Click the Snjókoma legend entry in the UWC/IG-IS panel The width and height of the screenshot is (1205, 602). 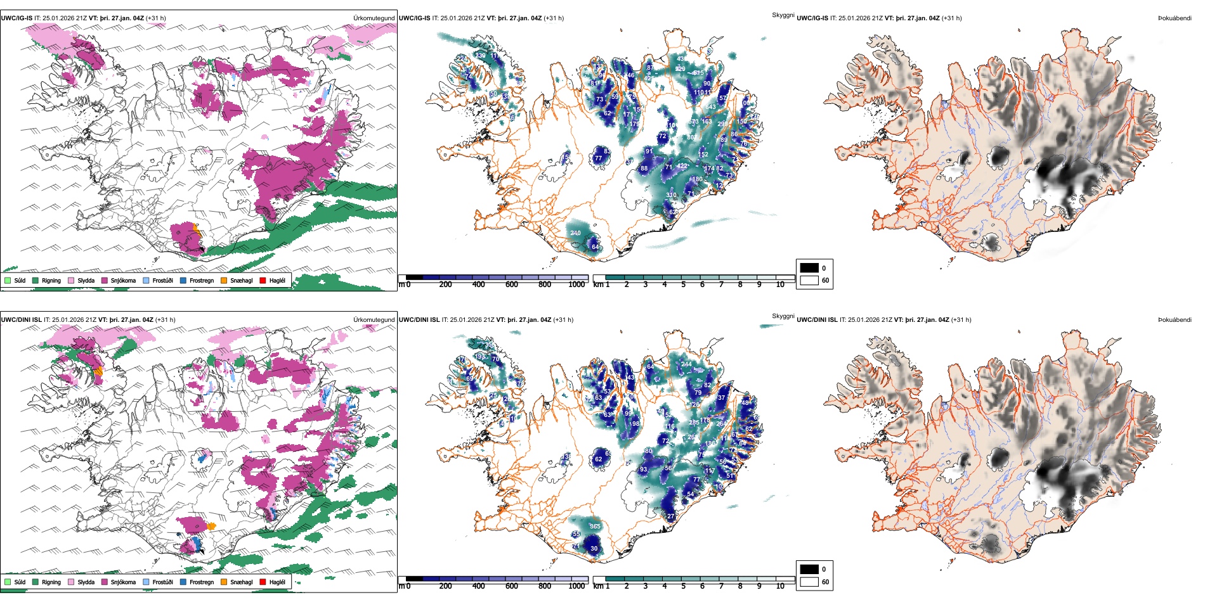pos(123,280)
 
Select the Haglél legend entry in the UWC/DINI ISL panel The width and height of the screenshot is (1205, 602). pos(277,582)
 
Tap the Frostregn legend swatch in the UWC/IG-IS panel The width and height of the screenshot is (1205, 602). pos(183,280)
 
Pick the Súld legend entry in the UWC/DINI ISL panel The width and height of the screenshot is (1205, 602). pos(20,582)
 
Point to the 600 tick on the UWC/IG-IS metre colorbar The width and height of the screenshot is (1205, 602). pos(512,285)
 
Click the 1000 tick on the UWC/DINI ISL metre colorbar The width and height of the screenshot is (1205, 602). pos(576,586)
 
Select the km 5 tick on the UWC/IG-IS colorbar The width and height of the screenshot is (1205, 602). pos(684,285)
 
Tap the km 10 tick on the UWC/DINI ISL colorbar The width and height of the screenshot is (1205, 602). pos(780,586)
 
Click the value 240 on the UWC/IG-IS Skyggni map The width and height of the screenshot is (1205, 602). pos(575,233)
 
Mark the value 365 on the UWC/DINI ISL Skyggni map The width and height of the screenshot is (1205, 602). pos(595,527)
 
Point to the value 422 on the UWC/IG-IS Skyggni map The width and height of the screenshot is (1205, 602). pos(682,166)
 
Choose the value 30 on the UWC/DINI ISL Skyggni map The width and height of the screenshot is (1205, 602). pos(594,549)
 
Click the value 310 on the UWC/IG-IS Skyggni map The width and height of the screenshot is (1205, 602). pos(671,195)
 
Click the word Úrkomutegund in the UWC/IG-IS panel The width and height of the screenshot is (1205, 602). pos(374,18)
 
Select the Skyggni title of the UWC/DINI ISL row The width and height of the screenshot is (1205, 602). pos(783,316)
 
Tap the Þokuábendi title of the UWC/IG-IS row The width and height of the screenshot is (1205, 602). pos(1174,18)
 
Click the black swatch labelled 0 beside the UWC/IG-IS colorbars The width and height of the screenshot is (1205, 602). pos(809,268)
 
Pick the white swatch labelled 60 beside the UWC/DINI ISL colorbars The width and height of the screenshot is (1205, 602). pos(809,582)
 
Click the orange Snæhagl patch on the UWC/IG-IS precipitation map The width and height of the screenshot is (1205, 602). pos(197,230)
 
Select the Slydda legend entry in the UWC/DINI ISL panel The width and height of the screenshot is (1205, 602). pos(86,582)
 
